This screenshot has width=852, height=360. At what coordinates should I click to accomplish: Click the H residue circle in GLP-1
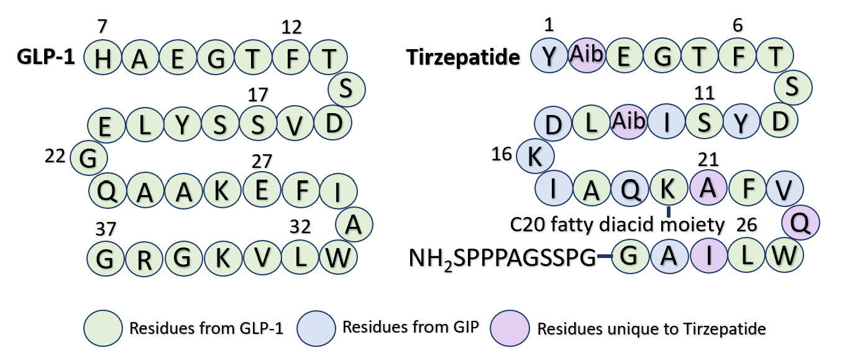pyautogui.click(x=103, y=58)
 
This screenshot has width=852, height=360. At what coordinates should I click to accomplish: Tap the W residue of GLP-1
pyautogui.click(x=337, y=256)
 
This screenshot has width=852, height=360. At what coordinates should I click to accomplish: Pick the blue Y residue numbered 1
pyautogui.click(x=549, y=56)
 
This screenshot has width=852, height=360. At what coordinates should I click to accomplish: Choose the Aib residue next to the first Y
pyautogui.click(x=587, y=55)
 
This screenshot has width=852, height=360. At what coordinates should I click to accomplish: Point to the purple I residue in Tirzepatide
pyautogui.click(x=708, y=256)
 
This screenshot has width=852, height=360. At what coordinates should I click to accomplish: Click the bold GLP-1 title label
pyautogui.click(x=47, y=57)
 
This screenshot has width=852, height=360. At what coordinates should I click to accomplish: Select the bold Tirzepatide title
pyautogui.click(x=463, y=58)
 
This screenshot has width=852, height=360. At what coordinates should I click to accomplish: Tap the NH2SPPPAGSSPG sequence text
pyautogui.click(x=503, y=257)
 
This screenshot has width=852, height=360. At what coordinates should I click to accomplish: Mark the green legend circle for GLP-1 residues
pyautogui.click(x=103, y=327)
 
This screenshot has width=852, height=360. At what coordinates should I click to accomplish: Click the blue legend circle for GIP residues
pyautogui.click(x=317, y=327)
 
